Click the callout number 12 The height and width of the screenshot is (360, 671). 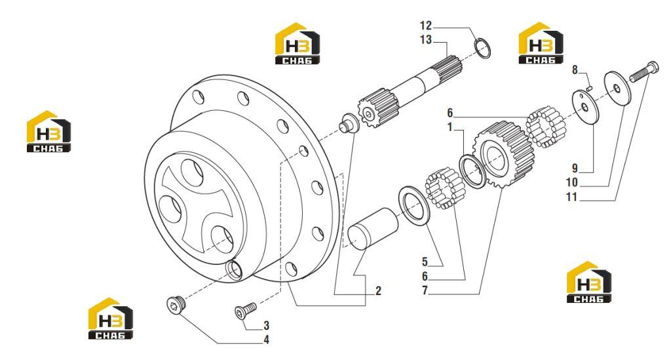tap(426, 26)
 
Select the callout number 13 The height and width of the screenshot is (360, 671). tap(426, 40)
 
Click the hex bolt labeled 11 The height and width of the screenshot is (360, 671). tap(643, 72)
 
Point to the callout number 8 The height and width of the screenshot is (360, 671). tap(575, 70)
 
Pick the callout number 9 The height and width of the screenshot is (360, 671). tap(575, 169)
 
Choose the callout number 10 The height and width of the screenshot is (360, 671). tap(571, 183)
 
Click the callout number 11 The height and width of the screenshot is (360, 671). tap(571, 197)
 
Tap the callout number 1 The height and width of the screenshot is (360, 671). tap(450, 127)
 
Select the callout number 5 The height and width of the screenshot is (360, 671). tap(425, 262)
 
